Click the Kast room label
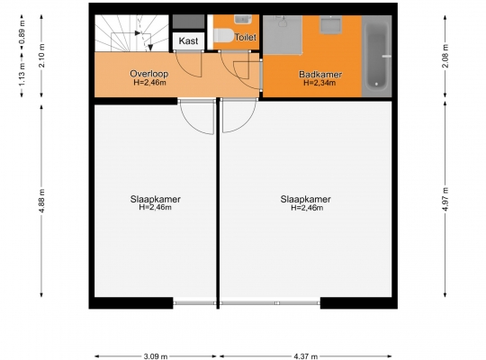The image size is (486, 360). tap(188, 40)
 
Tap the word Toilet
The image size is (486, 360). tap(246, 37)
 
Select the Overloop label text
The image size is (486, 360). tap(149, 74)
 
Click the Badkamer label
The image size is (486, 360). tap(320, 75)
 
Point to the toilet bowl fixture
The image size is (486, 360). tap(223, 35)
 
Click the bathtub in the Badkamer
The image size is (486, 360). tap(376, 56)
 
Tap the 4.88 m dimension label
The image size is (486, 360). tap(41, 201)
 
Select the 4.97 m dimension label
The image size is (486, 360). tap(445, 199)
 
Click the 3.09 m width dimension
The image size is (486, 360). tap(156, 356)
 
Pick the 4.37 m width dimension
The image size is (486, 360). tap(306, 356)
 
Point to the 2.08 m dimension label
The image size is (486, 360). tap(445, 56)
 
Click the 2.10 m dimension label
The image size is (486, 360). tap(41, 56)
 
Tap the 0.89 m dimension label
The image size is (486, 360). tap(22, 32)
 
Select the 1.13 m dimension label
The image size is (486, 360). tap(22, 75)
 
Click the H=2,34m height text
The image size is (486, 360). tap(319, 83)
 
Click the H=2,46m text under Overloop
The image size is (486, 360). tap(149, 83)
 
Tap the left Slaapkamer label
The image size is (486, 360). tap(156, 199)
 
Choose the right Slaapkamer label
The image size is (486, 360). tap(306, 199)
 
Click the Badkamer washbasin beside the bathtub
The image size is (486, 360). tap(331, 24)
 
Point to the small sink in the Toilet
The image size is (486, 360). tap(243, 19)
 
